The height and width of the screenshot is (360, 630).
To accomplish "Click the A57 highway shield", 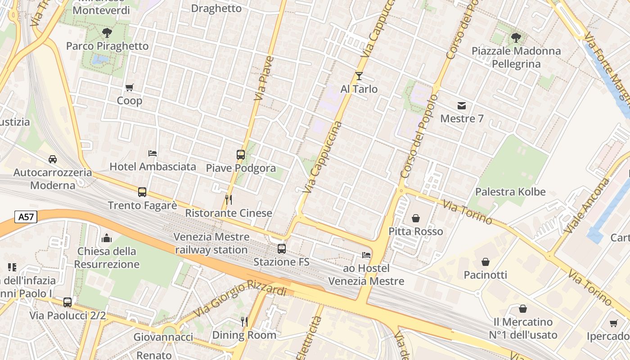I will tap(26, 217).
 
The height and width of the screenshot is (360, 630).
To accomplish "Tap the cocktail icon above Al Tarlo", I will tap(359, 76).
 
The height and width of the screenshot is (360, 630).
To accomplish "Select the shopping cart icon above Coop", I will tap(130, 88).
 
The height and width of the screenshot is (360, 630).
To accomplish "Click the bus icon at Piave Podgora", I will tap(241, 155).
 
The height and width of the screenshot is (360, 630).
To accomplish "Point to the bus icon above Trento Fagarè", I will tap(142, 192).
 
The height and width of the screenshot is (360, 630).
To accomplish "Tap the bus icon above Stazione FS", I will tap(281, 248).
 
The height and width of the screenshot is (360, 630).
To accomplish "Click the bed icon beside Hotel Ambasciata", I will tap(153, 153).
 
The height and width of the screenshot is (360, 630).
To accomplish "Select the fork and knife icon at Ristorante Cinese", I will tap(229, 199).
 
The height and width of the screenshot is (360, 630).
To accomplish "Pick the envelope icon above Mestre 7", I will tap(462, 106).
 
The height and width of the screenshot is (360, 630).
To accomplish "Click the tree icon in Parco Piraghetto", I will tap(107, 32).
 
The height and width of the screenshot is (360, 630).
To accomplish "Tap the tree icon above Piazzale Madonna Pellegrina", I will tap(516, 37).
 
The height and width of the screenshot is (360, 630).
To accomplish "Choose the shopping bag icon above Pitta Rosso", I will tap(415, 218).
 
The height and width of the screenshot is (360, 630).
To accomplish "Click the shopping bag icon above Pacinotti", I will tap(486, 261).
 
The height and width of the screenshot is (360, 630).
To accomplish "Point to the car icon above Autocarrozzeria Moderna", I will tap(53, 159).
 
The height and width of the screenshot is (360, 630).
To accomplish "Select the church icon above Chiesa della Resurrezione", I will tap(107, 238).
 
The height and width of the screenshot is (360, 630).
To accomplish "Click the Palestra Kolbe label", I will tap(510, 192).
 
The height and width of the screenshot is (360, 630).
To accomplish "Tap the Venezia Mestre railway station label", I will tap(211, 243).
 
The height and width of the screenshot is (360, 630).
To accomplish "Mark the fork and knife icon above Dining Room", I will tap(244, 321).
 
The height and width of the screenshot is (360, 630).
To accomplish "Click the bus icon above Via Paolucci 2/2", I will tap(67, 302).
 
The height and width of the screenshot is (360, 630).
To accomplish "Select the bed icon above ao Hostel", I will tap(366, 255).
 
